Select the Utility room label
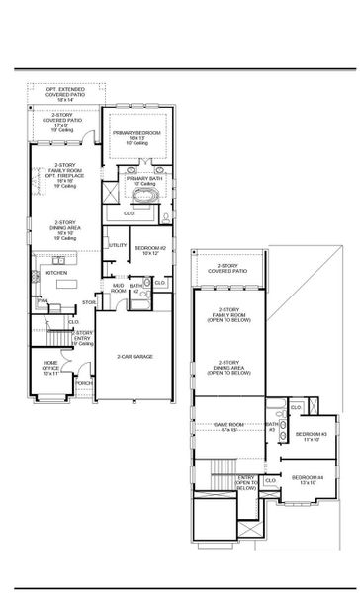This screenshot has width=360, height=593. [118, 245]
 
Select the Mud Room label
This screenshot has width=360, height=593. [119, 289]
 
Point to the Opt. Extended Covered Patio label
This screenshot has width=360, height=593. [65, 96]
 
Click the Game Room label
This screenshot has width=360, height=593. [228, 427]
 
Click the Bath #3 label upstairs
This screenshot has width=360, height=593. [271, 428]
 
